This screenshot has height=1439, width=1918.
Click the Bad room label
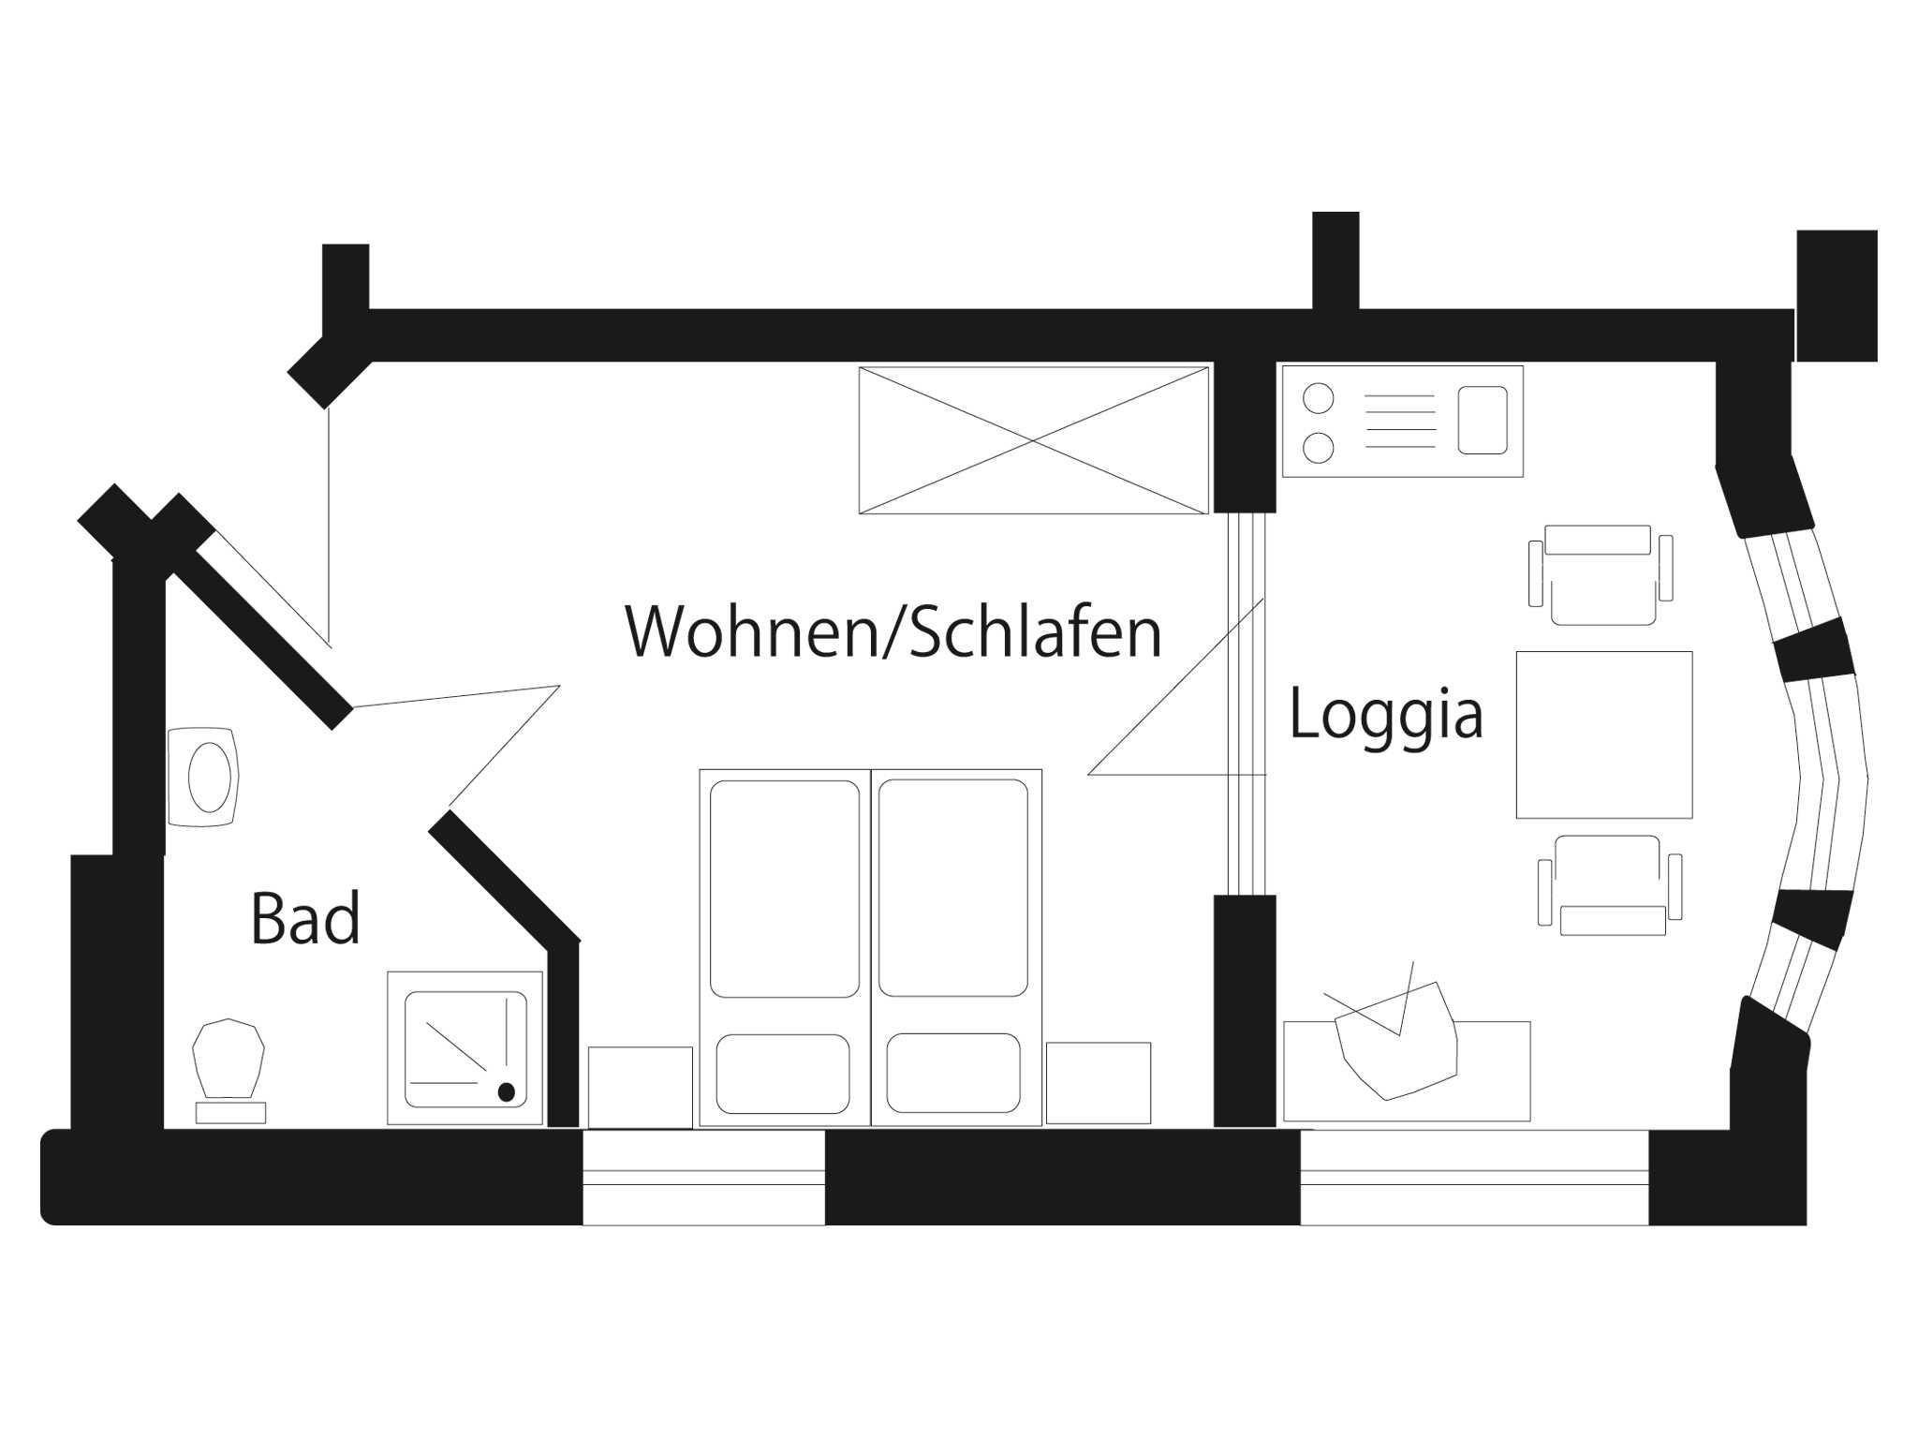[305, 919]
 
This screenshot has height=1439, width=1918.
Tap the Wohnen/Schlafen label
[893, 633]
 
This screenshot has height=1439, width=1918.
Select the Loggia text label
[1386, 715]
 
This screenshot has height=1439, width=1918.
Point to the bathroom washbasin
[206, 777]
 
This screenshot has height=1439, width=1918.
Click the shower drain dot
[507, 1091]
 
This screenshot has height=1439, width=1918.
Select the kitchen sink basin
[1483, 421]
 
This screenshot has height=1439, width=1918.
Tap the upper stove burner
[1319, 398]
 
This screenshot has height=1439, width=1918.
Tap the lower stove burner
[1319, 447]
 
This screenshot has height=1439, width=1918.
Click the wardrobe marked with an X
[1033, 440]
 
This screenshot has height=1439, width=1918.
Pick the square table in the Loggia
[1604, 734]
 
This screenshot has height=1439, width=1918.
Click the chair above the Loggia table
[1600, 574]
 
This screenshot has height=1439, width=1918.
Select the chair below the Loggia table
[1609, 885]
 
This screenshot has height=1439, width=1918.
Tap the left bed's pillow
[783, 1074]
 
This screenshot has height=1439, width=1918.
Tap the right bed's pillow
[953, 1074]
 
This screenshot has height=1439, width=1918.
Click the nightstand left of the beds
[641, 1087]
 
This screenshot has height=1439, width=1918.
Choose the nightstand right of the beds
[1098, 1083]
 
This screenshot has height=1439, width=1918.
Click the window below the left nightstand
[703, 1178]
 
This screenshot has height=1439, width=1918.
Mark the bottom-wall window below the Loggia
[1474, 1178]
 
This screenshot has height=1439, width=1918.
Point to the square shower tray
[465, 1048]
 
